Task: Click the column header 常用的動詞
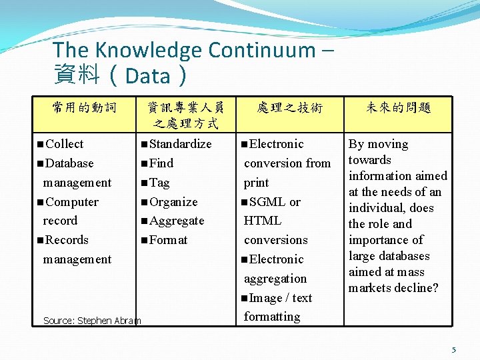85,107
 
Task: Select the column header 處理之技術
290,107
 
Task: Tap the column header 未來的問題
399,107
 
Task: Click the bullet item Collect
65,144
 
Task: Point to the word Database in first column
69,163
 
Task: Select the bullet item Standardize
180,144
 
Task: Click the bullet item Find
161,163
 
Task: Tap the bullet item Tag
159,183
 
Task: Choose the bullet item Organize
173,202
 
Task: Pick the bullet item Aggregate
177,221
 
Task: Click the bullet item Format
168,240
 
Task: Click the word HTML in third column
263,221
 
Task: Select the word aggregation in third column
275,279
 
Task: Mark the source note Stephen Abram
92,321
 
